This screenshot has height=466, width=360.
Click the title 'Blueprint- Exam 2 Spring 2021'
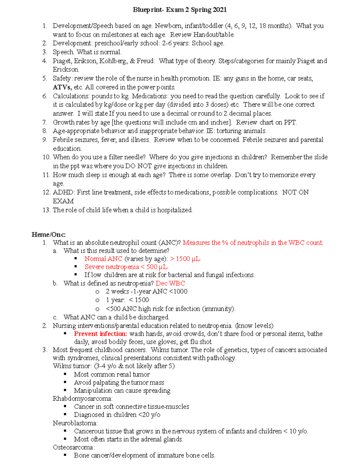[x=180, y=10]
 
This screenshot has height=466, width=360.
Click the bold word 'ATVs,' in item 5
[x=62, y=87]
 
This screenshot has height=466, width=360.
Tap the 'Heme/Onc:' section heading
[x=49, y=235]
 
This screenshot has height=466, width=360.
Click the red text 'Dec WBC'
[x=170, y=283]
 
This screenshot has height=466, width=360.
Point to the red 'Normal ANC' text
[x=103, y=259]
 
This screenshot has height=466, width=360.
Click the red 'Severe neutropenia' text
[x=112, y=267]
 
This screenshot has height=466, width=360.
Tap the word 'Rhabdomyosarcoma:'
[x=82, y=398]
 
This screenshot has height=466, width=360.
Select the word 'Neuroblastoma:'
[x=75, y=423]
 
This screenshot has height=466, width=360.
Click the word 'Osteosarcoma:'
[x=73, y=447]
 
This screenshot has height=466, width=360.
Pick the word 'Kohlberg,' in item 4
[x=113, y=61]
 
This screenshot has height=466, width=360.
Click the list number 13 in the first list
[x=46, y=210]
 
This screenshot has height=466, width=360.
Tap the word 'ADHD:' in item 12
[x=64, y=192]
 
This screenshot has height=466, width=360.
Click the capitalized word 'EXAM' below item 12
[x=63, y=201]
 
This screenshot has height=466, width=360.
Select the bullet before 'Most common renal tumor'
[x=65, y=374]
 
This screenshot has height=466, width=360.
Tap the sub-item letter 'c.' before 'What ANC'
[x=55, y=317]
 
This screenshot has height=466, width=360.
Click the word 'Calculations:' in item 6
[x=71, y=96]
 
